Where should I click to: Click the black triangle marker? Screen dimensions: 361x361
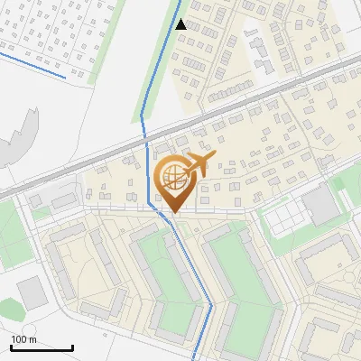click(181, 24)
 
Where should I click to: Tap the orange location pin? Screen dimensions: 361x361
click(174, 181)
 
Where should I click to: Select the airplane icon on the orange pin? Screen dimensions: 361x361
click(197, 163)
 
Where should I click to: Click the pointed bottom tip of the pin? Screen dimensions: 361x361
click(174, 213)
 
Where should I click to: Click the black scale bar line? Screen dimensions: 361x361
click(42, 347)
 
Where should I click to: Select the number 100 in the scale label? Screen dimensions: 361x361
click(19, 339)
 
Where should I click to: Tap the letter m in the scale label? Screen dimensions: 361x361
click(32, 339)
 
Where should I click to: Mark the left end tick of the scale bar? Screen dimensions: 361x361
click(11, 346)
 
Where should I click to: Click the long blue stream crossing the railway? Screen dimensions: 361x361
click(148, 153)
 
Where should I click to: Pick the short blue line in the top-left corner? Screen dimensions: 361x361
click(32, 66)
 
